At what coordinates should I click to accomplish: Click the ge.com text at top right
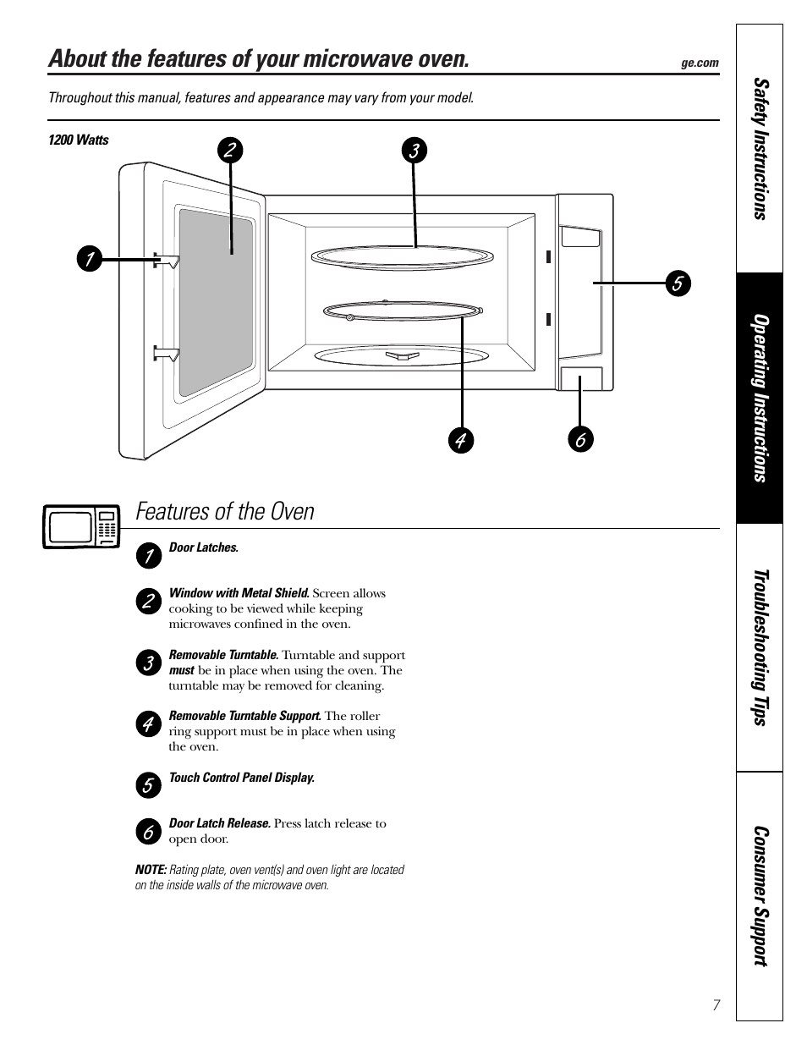(700, 63)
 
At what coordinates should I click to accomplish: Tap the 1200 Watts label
(79, 140)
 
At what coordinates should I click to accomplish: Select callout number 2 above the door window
(229, 151)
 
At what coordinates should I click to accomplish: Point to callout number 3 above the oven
(414, 151)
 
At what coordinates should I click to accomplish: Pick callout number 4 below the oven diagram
(461, 440)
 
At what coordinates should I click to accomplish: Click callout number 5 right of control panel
(677, 283)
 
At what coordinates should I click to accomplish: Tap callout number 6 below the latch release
(580, 440)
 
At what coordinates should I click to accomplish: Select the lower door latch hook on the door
(166, 353)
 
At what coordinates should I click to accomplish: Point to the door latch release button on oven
(581, 378)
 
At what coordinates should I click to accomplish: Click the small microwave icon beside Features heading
(81, 526)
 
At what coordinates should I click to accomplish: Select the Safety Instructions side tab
(760, 149)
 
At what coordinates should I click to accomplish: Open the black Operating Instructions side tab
(760, 398)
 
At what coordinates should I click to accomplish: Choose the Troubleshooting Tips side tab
(760, 647)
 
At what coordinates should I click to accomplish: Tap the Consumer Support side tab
(760, 896)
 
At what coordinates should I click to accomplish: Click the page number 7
(716, 1005)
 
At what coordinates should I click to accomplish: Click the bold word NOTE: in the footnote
(151, 870)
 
